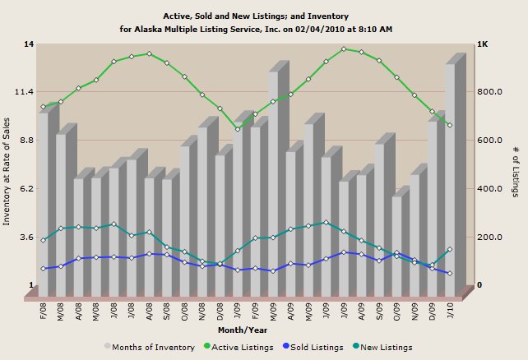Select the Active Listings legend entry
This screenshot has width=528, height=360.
click(x=239, y=348)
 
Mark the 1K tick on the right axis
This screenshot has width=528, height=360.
click(x=483, y=44)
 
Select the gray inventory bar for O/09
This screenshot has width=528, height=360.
click(x=396, y=247)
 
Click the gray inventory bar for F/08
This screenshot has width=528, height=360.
click(x=43, y=205)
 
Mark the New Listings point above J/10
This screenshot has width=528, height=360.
click(x=450, y=249)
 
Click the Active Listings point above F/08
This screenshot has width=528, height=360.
click(x=43, y=107)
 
